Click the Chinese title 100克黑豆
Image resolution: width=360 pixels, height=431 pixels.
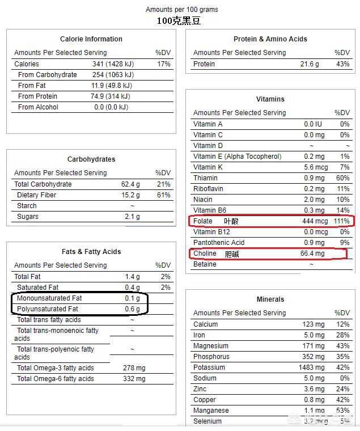point(179,21)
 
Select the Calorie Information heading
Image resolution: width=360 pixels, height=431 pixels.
point(91,39)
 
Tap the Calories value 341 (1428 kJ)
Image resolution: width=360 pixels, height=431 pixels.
point(113,64)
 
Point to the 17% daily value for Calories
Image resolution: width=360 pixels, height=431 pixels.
point(164,64)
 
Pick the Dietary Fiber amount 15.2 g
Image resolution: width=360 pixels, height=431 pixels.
point(130,195)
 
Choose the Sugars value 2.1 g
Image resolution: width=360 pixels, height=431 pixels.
point(133,217)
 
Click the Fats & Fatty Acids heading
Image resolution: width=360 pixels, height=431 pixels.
point(91,252)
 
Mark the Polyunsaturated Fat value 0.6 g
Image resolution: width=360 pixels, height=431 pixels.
point(132,309)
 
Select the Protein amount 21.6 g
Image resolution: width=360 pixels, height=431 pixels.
point(311,64)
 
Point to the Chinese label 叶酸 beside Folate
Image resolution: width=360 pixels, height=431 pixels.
point(231,221)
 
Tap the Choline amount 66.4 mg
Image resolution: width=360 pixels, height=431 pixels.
point(312,253)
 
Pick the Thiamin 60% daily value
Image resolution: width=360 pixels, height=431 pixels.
point(342,178)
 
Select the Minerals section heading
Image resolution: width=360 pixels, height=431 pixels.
point(270,299)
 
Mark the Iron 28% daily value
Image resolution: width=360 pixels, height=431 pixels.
point(342,335)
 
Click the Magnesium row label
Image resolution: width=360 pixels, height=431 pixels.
point(211,346)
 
